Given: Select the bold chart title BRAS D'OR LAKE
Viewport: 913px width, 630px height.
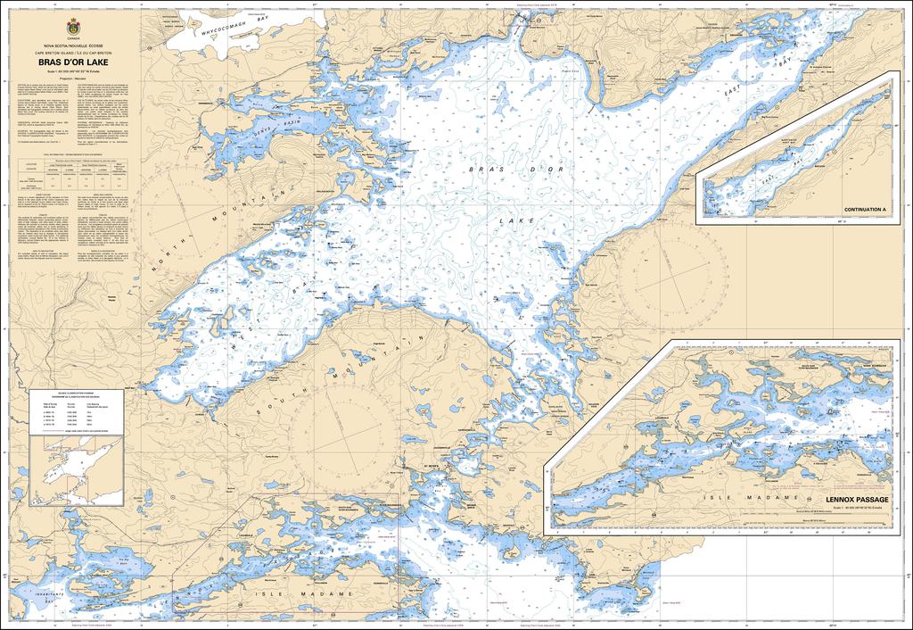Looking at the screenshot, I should [x=73, y=75].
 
